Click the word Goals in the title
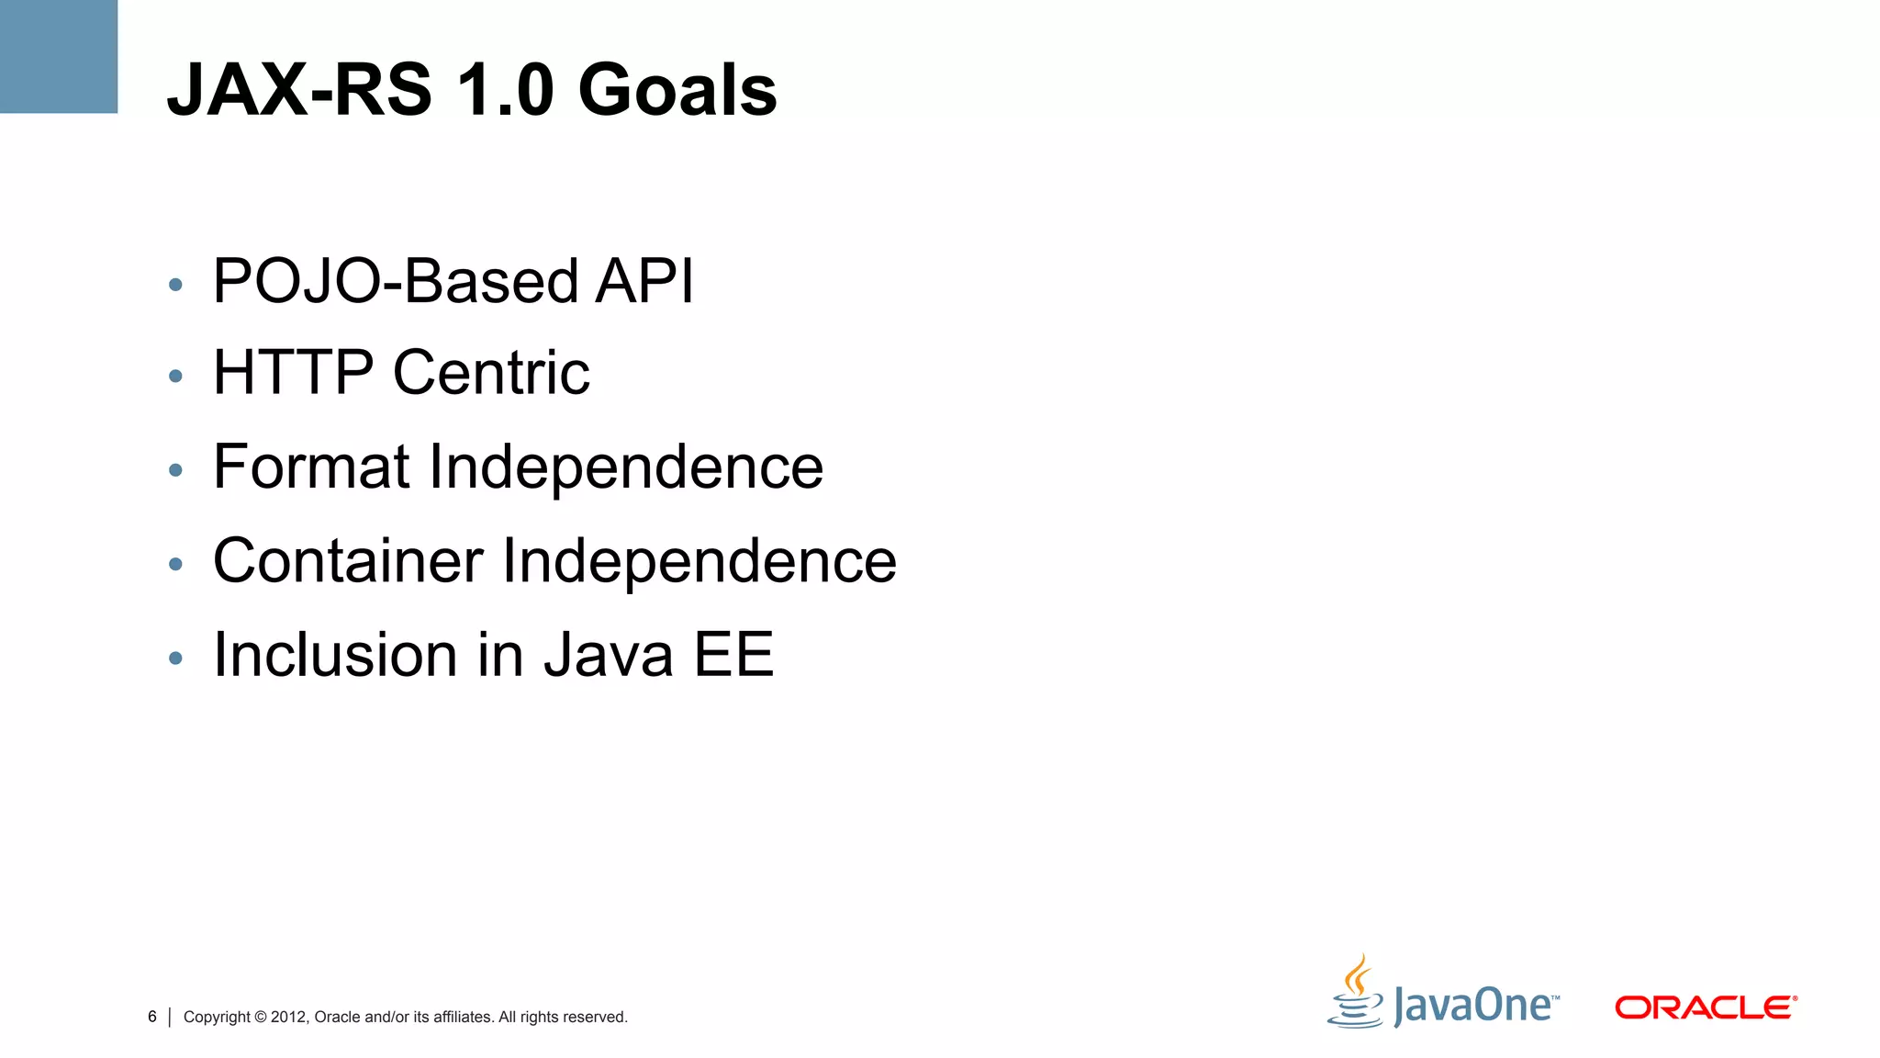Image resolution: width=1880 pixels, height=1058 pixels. (x=677, y=90)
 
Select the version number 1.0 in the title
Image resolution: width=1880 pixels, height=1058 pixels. (x=505, y=90)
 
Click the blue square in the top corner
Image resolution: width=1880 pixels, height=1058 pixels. (x=59, y=56)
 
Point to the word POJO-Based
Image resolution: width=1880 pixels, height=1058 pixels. (x=396, y=281)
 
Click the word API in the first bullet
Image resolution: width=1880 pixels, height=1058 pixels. (x=644, y=281)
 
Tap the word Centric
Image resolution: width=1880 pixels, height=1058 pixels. (x=491, y=373)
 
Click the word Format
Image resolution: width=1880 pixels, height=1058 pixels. (x=311, y=467)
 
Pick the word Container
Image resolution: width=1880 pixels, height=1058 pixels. (x=348, y=561)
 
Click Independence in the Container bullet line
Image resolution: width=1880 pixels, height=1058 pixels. (x=699, y=561)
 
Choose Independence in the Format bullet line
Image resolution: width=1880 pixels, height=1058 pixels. (x=626, y=467)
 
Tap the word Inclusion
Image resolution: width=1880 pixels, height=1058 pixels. (x=335, y=655)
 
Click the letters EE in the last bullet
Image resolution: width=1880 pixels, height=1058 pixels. (x=733, y=655)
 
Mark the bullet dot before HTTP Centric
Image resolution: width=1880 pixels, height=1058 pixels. (x=176, y=376)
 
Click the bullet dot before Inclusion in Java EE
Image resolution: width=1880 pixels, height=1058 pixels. (x=176, y=658)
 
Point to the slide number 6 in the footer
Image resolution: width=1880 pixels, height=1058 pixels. (x=152, y=1017)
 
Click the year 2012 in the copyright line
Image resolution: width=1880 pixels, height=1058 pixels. (x=288, y=1017)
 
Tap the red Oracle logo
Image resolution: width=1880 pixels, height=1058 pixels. (x=1706, y=1007)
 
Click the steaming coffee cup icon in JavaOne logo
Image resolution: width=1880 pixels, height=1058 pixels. (x=1356, y=994)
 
